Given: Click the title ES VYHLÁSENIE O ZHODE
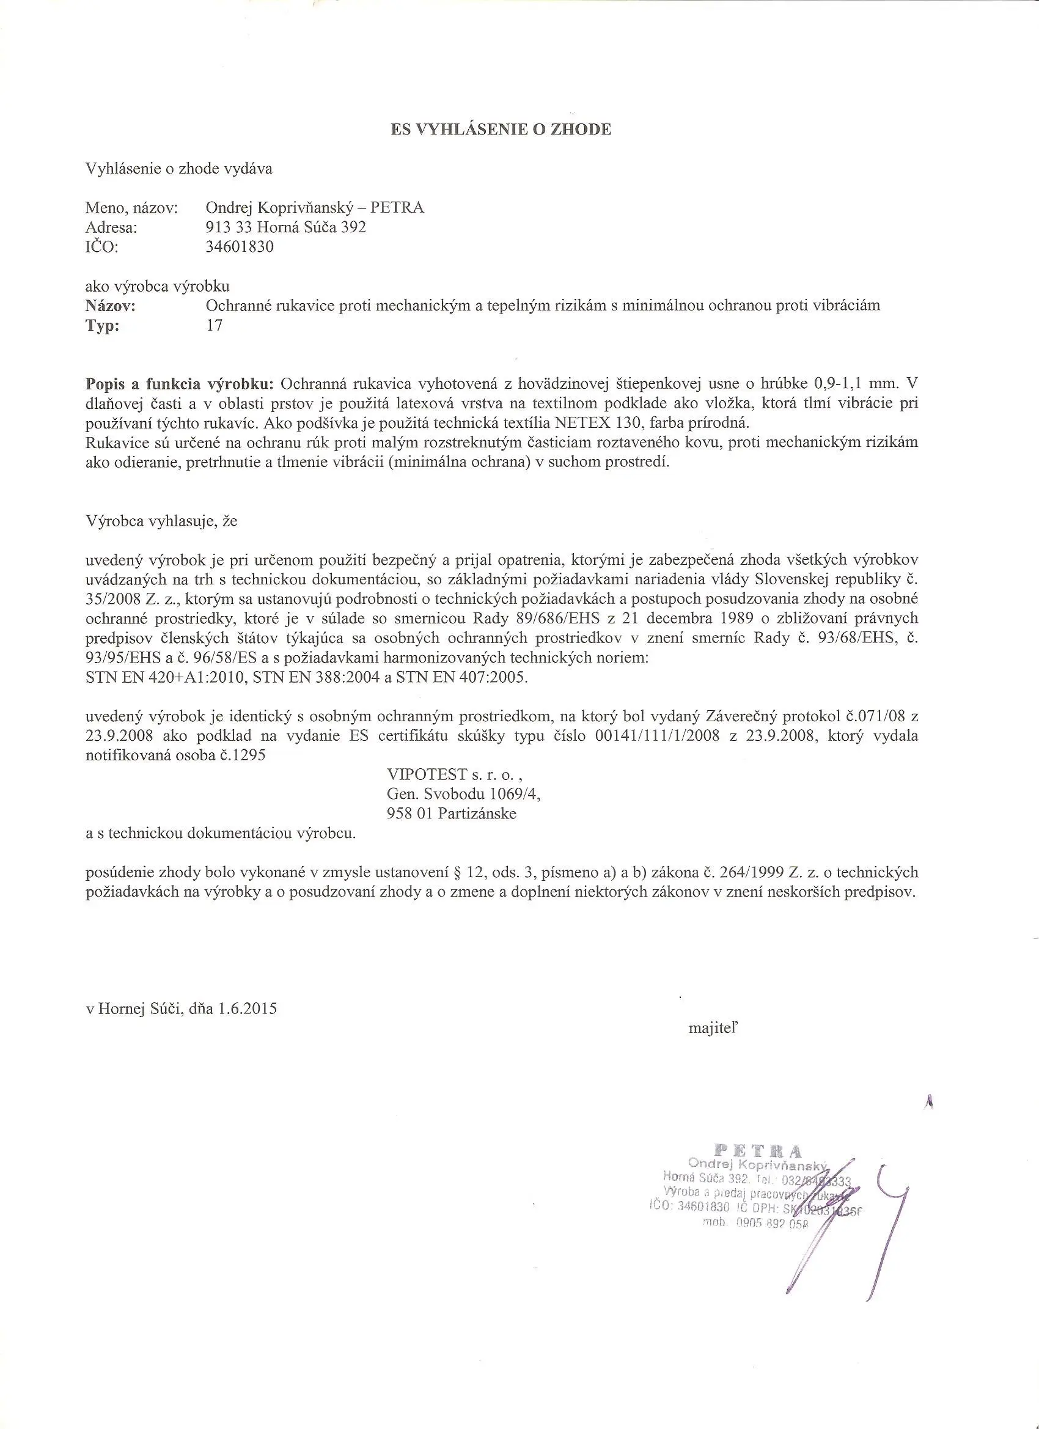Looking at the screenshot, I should [501, 130].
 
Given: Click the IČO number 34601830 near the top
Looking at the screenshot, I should [240, 247].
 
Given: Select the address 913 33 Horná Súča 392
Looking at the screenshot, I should [285, 227].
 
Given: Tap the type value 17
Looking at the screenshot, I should [215, 326].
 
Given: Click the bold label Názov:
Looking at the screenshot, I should [110, 306].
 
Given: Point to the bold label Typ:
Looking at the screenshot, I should [102, 326].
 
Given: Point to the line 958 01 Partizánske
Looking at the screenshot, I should [451, 814].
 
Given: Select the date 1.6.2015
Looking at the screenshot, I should [248, 1008].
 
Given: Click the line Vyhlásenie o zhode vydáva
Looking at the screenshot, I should [179, 169].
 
